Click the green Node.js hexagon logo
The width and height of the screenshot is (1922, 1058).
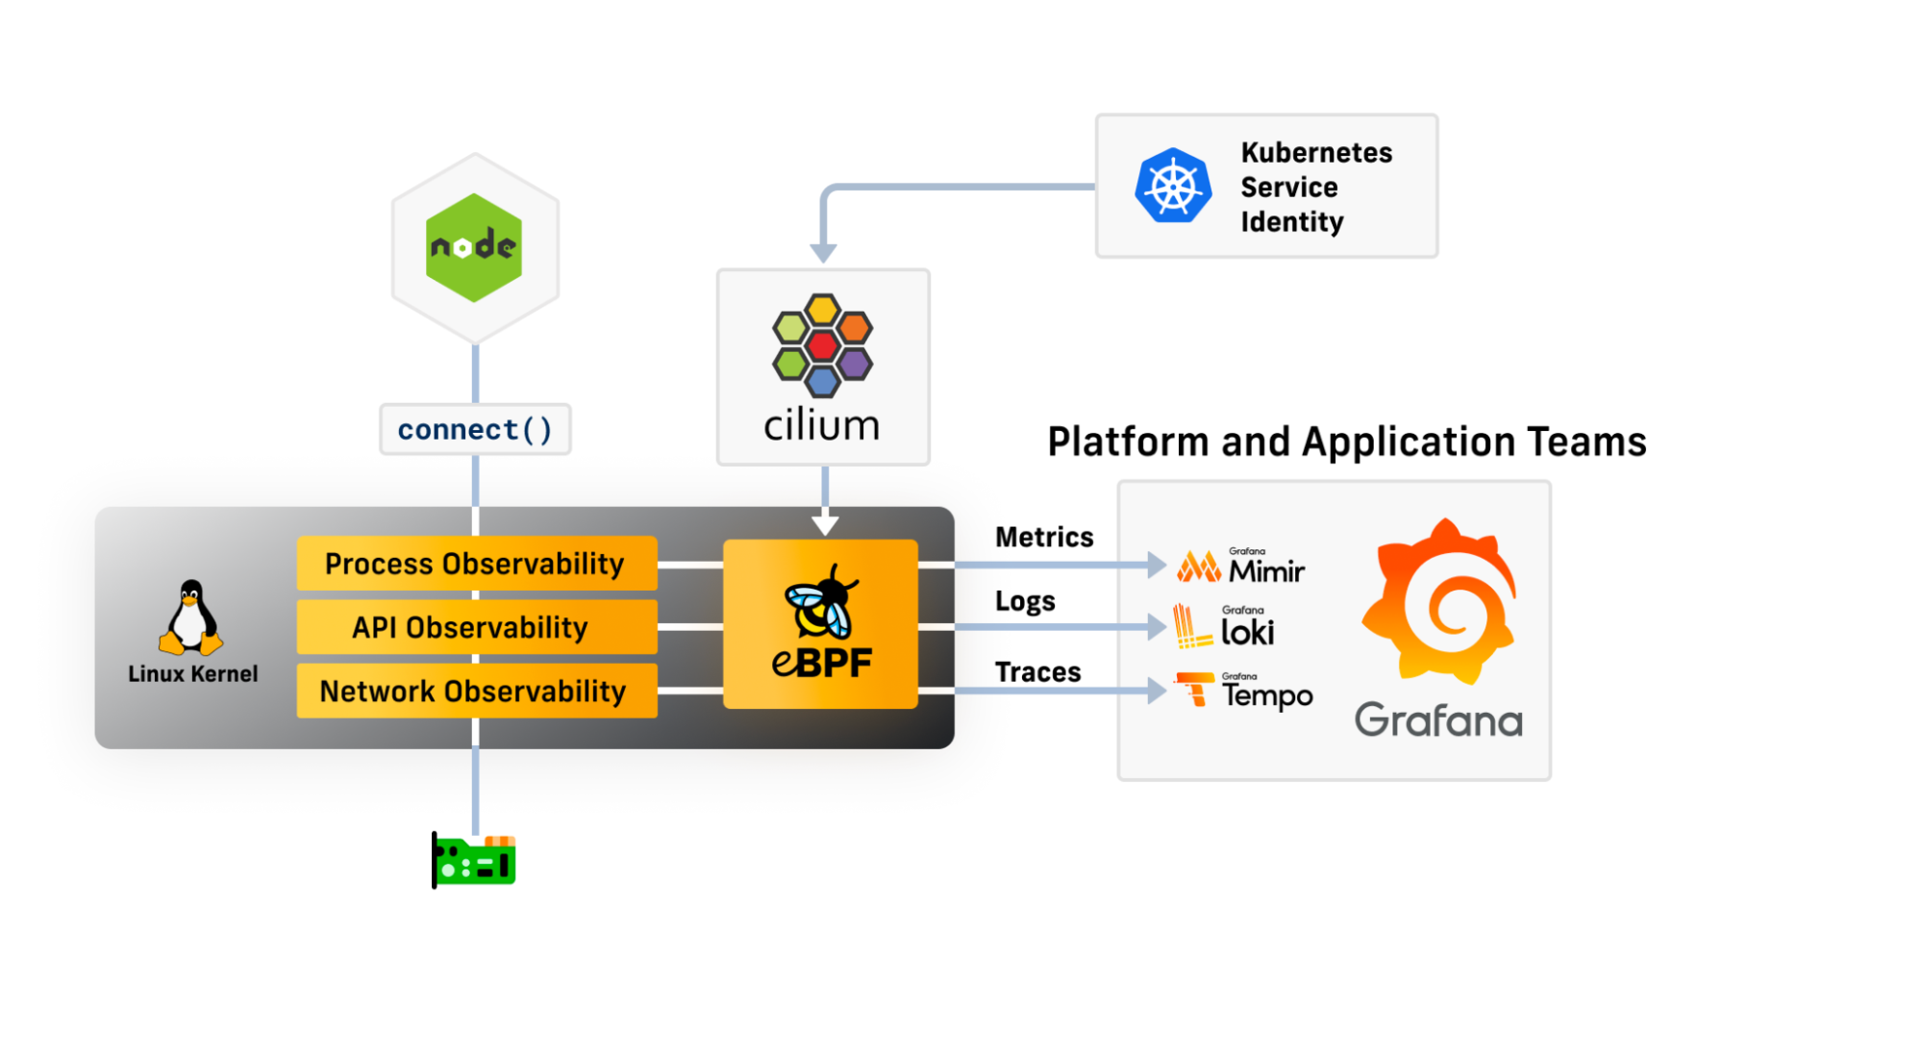(474, 247)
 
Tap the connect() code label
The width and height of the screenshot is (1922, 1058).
(475, 429)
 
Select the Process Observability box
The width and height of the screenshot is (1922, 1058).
(476, 564)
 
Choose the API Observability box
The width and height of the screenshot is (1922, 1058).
(476, 627)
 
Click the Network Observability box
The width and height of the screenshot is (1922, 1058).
(476, 691)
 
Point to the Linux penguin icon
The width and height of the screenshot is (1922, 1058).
(191, 617)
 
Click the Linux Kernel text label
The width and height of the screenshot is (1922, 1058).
(192, 673)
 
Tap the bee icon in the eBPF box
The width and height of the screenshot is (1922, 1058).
(820, 602)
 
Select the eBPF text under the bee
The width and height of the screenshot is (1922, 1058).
(821, 663)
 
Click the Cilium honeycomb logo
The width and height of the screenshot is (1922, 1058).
(822, 344)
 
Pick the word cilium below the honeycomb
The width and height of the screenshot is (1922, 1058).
(822, 424)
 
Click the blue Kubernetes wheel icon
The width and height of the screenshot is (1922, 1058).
(1173, 186)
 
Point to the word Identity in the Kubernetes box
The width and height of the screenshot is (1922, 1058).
(1291, 222)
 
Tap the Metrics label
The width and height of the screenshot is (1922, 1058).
(1044, 537)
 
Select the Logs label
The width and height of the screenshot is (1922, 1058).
(1025, 601)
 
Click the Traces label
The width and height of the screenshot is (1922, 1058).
(1037, 671)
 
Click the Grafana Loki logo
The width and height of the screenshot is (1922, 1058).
(1224, 627)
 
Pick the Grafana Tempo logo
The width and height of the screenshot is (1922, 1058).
(1243, 691)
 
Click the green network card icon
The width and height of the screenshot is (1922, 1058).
(474, 861)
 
